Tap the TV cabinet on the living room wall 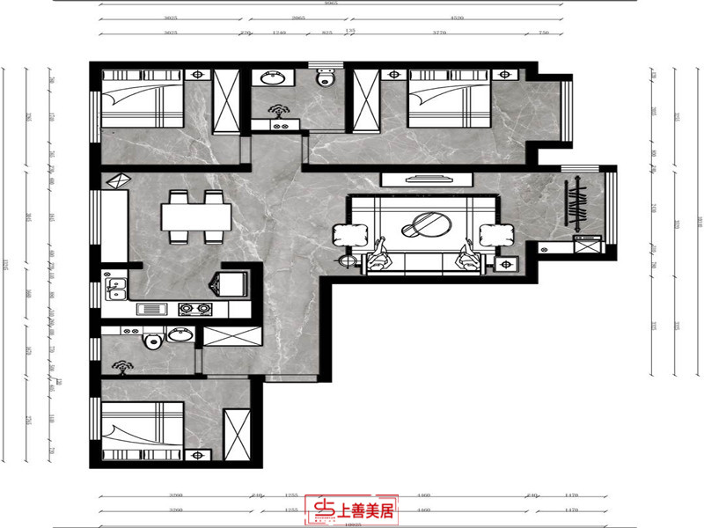(427, 180)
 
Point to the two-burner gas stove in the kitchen (196, 309)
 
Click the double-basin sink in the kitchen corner (115, 287)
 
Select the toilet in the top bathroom (327, 80)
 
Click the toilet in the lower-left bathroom (150, 340)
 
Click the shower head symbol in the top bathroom (281, 112)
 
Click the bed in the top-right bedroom (449, 99)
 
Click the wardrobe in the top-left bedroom (226, 103)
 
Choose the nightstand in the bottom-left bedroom (198, 455)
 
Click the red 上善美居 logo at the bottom (351, 510)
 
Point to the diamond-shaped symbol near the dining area (117, 181)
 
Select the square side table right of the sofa (507, 263)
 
